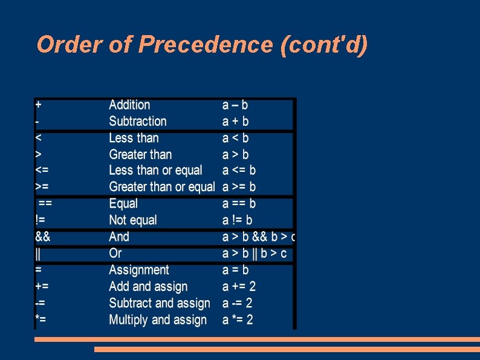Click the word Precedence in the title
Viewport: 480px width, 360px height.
click(x=206, y=45)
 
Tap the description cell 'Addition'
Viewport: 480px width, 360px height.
click(x=129, y=105)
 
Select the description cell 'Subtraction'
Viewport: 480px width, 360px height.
click(x=137, y=121)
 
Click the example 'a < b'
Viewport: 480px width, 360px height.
click(x=236, y=138)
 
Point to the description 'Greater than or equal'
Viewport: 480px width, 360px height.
click(x=161, y=187)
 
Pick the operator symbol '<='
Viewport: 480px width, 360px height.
click(x=42, y=171)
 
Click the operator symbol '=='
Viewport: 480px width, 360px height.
click(x=45, y=204)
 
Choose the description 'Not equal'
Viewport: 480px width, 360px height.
click(x=132, y=220)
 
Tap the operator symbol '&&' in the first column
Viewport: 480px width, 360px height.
click(x=42, y=237)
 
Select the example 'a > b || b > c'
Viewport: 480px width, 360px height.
click(x=255, y=254)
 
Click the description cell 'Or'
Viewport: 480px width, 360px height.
click(x=115, y=254)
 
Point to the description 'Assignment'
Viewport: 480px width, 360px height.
click(x=138, y=270)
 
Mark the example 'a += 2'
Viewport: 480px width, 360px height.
click(x=239, y=286)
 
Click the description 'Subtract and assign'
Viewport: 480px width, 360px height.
click(x=159, y=303)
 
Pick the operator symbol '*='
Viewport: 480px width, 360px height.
click(x=41, y=319)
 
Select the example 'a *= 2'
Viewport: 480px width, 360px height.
click(x=238, y=319)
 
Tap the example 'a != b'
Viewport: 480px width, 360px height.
click(x=238, y=220)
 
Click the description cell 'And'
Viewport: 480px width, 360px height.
click(x=119, y=237)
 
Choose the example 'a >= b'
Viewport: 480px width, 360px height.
click(x=239, y=187)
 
